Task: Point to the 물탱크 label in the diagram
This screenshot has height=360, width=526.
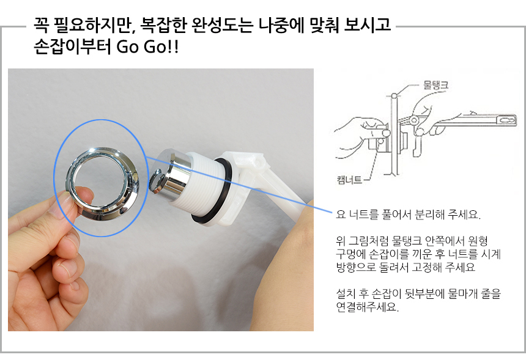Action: click(435, 85)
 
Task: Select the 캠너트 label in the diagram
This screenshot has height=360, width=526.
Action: click(349, 180)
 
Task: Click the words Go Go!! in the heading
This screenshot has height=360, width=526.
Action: click(147, 46)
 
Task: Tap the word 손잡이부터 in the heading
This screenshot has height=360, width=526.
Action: click(72, 46)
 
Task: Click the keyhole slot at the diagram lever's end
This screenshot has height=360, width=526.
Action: click(506, 120)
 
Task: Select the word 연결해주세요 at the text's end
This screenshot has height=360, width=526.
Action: click(368, 307)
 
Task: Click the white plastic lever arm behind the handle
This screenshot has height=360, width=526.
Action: click(269, 188)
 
